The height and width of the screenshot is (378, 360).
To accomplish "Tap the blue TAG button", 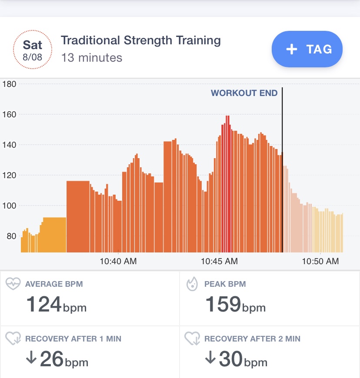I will tap(307, 49).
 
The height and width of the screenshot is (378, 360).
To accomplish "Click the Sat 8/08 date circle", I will tap(33, 50).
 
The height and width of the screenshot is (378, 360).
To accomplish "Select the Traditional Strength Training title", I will tap(140, 41).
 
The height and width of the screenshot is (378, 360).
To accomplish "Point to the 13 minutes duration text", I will tap(92, 57).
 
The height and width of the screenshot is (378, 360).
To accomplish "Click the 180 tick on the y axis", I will tap(9, 84).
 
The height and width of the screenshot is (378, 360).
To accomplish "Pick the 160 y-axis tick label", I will tap(9, 115).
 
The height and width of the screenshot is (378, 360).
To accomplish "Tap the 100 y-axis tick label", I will tap(9, 206).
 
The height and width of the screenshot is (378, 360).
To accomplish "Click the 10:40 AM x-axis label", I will tap(118, 261).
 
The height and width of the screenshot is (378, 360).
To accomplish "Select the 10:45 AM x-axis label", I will tap(219, 261).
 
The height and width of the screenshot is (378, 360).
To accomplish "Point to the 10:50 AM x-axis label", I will tap(320, 261).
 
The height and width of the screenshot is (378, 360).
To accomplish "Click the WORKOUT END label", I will tap(244, 93).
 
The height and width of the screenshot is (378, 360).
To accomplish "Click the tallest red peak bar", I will tap(227, 182).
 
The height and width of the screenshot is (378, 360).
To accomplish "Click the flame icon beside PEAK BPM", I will tap(192, 285).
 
